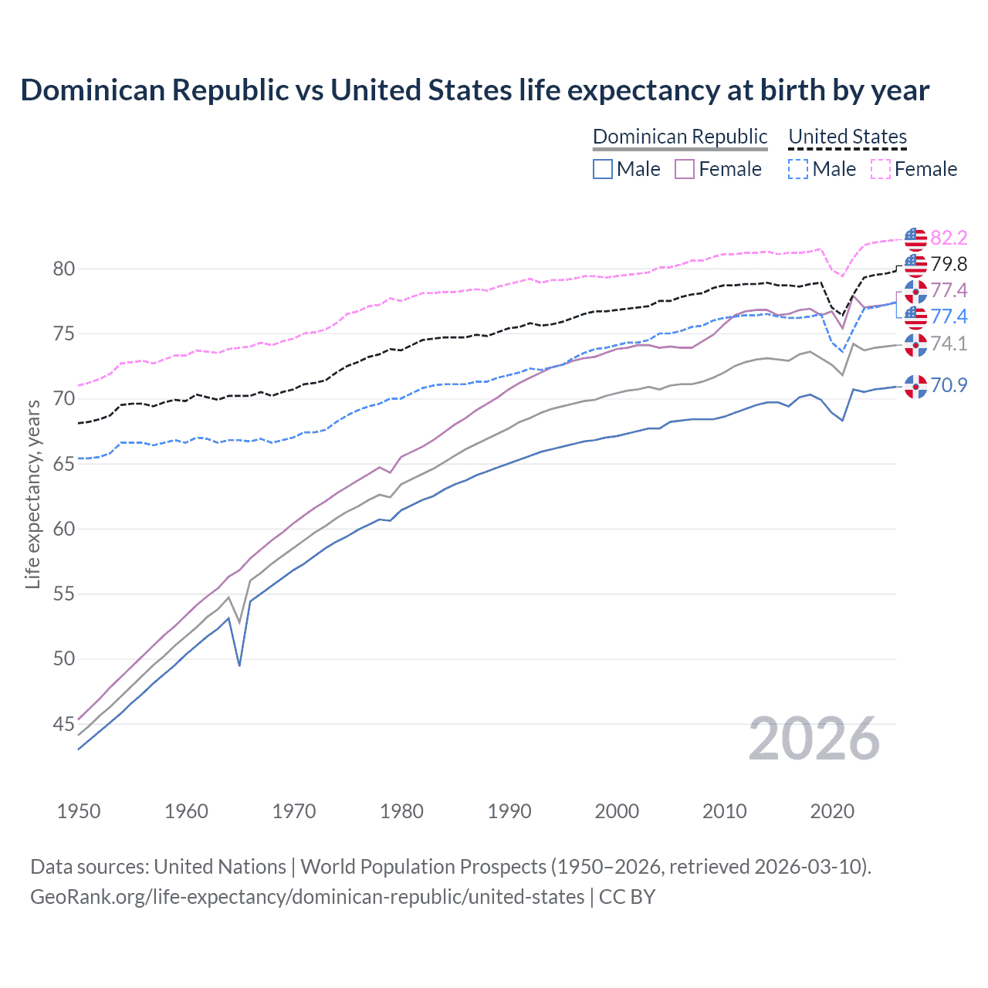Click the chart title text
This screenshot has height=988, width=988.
475,90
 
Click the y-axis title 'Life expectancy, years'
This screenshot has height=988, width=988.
32,494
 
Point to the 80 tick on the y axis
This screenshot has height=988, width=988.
63,269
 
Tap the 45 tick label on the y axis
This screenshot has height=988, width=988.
63,724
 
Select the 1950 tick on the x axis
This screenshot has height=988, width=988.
79,811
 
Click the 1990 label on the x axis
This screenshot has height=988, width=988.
509,811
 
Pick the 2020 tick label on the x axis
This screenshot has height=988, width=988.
832,811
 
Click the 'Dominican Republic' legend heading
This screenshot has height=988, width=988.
680,137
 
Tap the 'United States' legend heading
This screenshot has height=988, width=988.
848,137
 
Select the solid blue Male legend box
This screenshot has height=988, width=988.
603,169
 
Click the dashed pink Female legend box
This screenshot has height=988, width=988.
881,169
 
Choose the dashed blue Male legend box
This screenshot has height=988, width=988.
798,169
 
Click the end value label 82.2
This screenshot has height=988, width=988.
949,238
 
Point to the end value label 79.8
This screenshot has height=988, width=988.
949,264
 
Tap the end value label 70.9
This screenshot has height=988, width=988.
949,385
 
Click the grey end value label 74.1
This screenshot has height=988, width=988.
949,343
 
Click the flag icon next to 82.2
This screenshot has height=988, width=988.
915,239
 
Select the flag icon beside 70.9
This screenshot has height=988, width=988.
915,386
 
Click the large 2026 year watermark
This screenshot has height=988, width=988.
814,739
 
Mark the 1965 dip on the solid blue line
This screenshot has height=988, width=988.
239,665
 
